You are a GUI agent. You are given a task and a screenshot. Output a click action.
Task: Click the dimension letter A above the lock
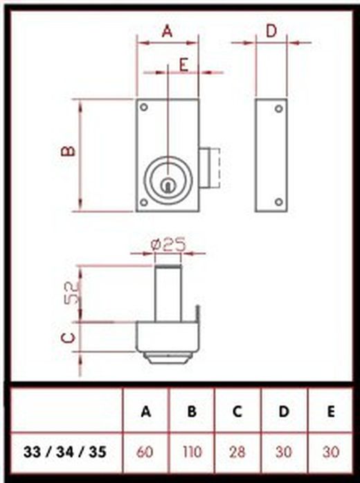(x=168, y=31)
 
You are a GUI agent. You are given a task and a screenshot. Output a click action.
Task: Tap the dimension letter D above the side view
(x=271, y=31)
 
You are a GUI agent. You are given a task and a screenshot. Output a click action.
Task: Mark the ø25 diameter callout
(x=168, y=244)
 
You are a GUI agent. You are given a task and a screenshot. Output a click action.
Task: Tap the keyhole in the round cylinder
(x=167, y=185)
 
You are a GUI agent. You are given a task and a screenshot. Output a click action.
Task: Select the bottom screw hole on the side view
(x=278, y=202)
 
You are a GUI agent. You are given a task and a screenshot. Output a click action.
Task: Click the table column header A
(x=145, y=412)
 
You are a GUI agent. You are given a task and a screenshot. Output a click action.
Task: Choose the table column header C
(x=237, y=412)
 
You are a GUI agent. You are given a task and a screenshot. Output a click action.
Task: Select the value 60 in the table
(x=145, y=453)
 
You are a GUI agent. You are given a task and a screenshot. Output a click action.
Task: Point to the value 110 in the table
(x=191, y=453)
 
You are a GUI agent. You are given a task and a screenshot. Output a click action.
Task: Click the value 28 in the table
(x=237, y=453)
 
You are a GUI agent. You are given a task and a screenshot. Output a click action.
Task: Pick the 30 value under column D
(x=284, y=453)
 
